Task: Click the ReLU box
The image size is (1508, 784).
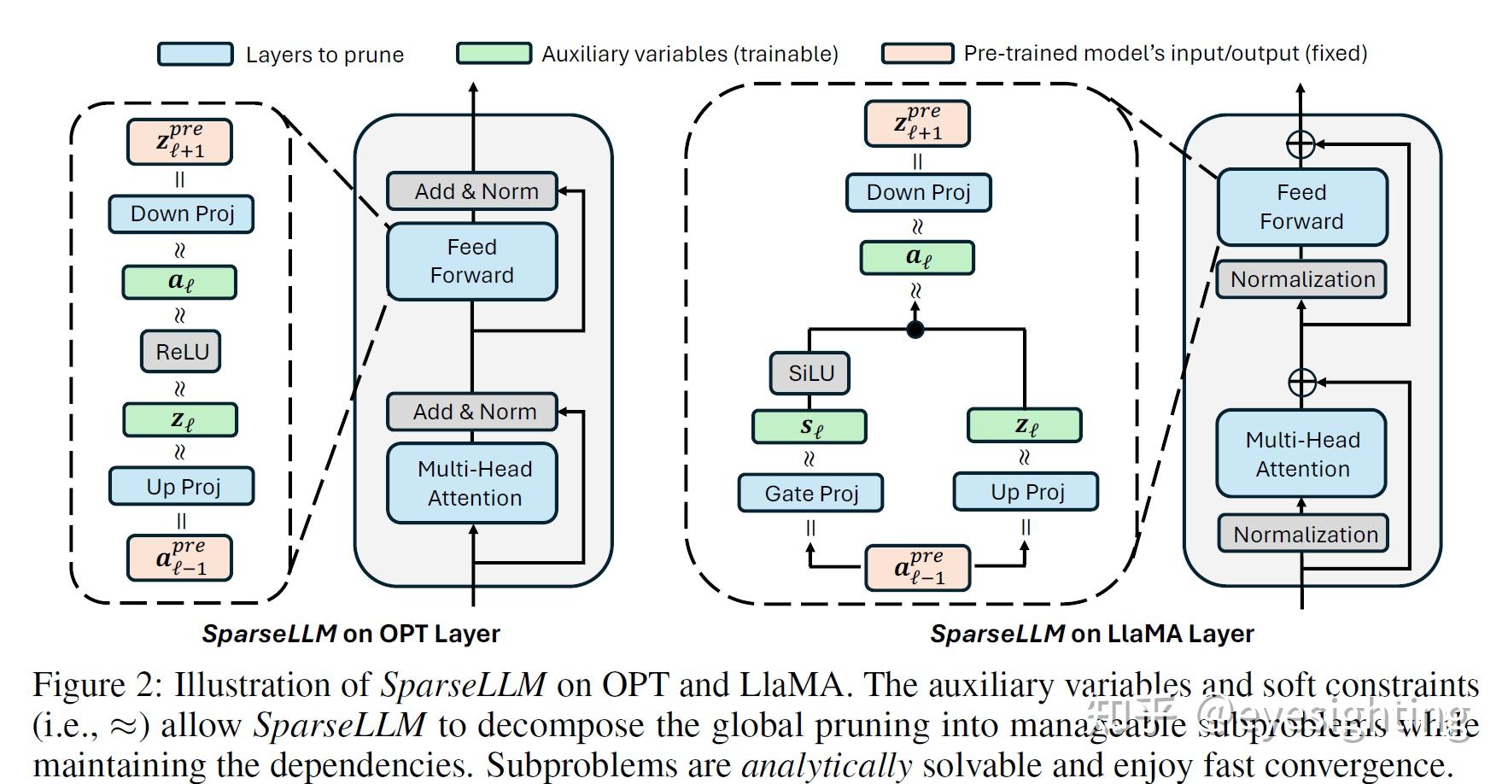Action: point(181,351)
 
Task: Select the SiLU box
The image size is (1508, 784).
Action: point(810,373)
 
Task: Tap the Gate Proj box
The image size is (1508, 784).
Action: point(810,493)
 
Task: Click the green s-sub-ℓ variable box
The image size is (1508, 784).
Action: point(810,426)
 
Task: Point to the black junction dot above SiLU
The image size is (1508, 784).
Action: point(915,329)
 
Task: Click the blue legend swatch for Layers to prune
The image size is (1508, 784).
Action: point(196,54)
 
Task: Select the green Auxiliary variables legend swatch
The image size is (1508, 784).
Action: point(494,53)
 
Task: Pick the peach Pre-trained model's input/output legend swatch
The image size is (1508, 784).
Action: point(918,53)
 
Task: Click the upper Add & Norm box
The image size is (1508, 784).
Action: point(472,190)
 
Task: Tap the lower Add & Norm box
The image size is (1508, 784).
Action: point(472,412)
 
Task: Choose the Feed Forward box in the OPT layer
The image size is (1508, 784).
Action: point(472,261)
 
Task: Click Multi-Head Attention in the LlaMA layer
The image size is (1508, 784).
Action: point(1302,453)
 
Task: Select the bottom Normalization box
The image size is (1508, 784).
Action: point(1302,534)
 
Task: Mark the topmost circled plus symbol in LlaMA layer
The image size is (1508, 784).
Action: point(1301,143)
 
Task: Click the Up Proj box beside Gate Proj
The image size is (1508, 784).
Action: point(1026,492)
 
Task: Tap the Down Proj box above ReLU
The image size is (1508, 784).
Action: point(181,214)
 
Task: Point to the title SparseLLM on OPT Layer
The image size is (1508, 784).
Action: point(351,634)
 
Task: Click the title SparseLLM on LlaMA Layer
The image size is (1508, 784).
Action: point(1092,634)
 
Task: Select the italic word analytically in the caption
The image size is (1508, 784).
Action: point(827,764)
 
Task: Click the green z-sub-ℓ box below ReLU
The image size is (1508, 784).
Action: point(179,419)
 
